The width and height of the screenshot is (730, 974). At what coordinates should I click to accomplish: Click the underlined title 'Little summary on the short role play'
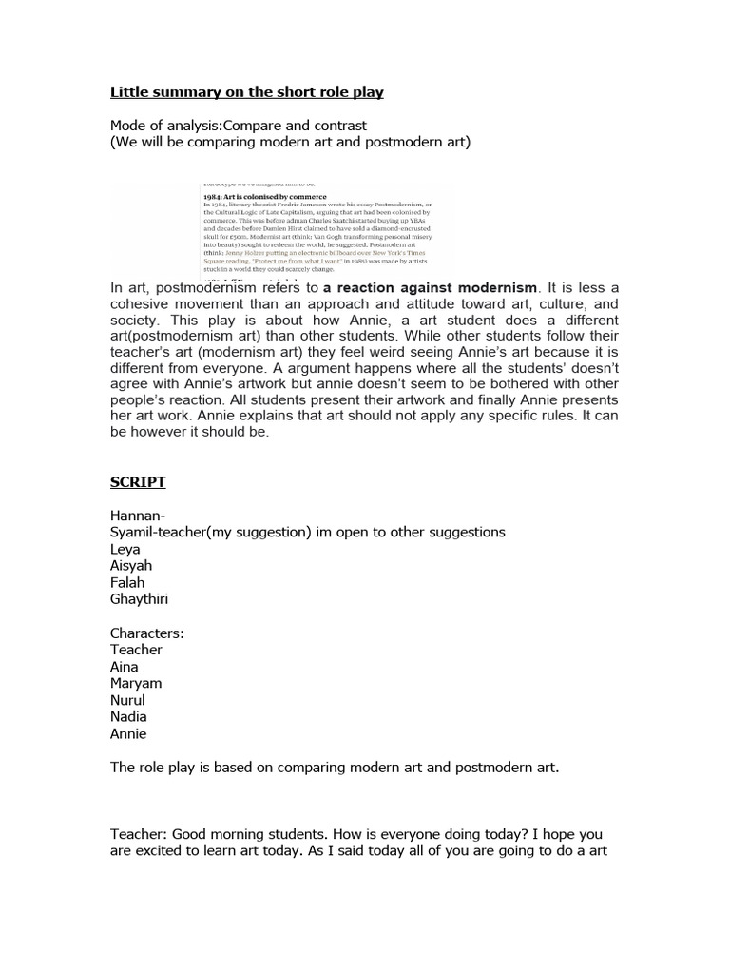246,92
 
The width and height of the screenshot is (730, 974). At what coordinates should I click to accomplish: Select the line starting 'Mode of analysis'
239,126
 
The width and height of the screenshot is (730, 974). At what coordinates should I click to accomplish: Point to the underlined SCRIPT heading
138,482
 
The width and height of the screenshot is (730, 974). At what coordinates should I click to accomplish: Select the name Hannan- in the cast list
138,516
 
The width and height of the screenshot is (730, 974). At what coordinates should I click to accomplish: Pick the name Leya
125,549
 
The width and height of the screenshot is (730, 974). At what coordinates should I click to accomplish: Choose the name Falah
127,582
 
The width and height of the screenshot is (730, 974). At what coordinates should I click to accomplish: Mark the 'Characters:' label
147,633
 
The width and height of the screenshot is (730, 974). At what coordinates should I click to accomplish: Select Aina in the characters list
125,667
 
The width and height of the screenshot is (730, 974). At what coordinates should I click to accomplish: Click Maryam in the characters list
136,683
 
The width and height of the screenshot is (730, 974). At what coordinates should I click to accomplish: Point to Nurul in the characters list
128,700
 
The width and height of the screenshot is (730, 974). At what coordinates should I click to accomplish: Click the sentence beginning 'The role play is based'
335,768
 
